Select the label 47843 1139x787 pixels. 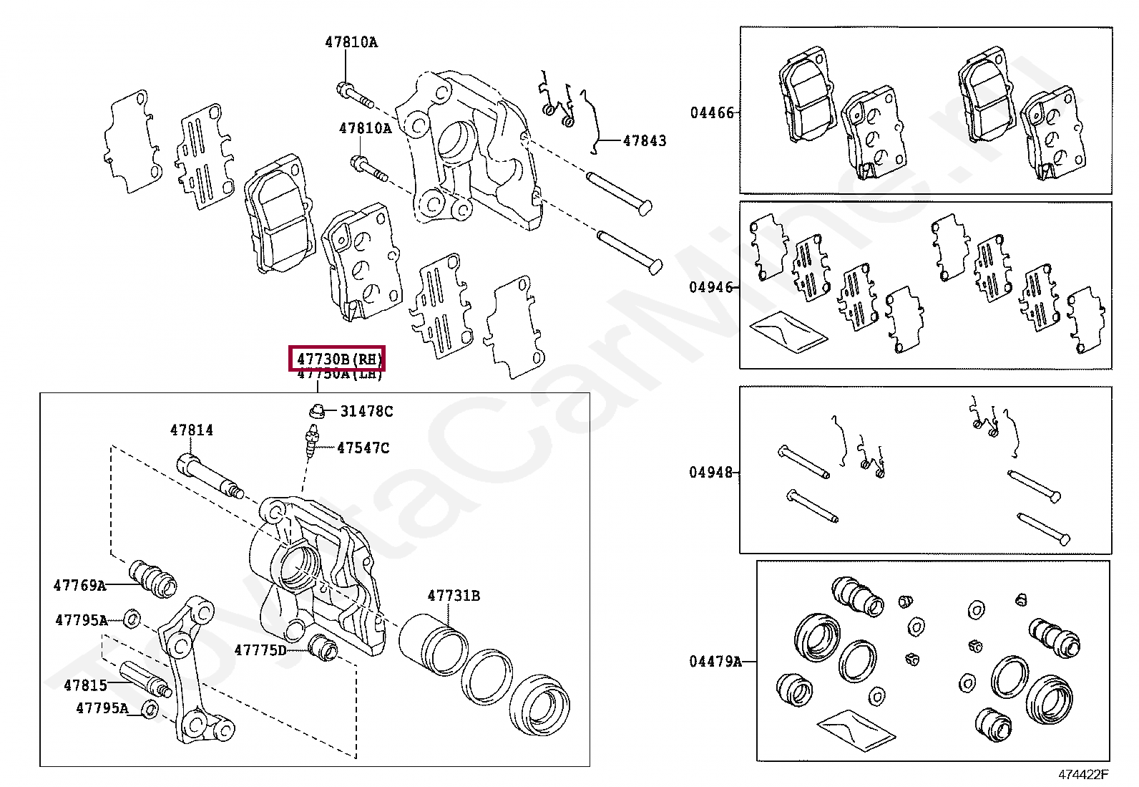click(644, 141)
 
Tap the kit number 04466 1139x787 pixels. click(711, 112)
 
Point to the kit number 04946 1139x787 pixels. click(711, 287)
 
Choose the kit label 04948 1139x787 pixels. click(711, 472)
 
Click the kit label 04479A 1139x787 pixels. click(715, 661)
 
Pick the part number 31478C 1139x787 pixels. click(366, 411)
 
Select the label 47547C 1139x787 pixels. click(363, 448)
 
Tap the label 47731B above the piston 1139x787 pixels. click(454, 595)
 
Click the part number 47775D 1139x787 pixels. click(260, 650)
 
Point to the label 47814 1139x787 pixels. click(191, 430)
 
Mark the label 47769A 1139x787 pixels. click(79, 585)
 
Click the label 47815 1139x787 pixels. click(85, 685)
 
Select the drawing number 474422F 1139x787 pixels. click(1082, 774)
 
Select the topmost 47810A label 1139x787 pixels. click(351, 42)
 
